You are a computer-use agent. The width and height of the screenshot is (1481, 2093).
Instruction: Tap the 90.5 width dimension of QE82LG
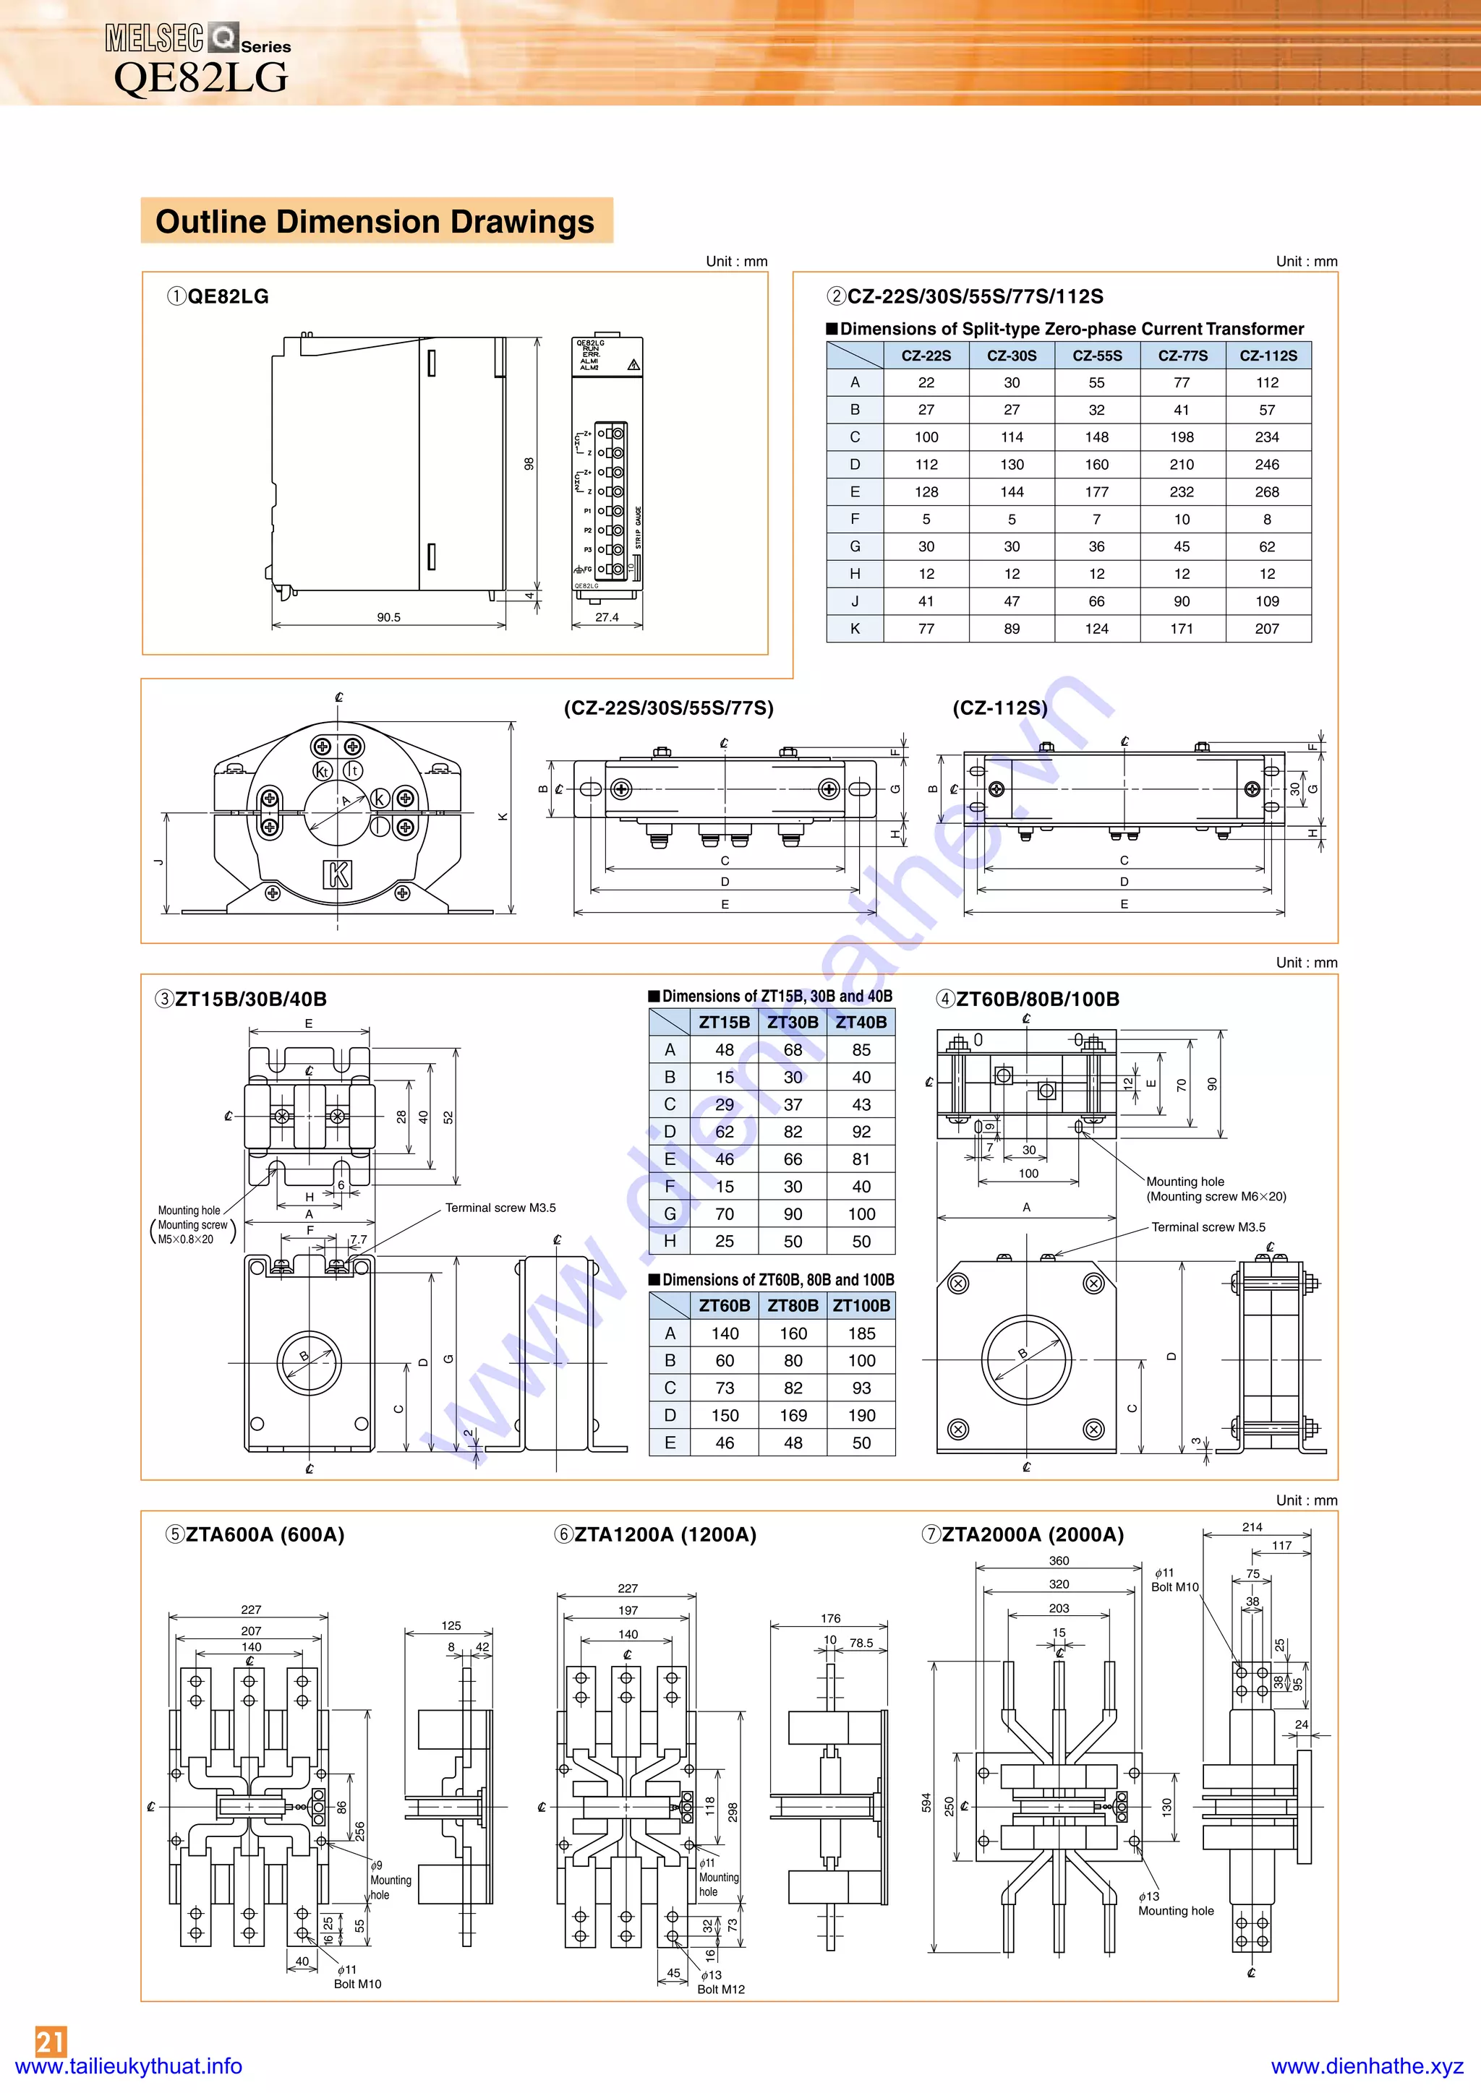pos(388,617)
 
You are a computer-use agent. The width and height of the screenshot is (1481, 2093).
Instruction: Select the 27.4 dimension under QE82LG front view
pos(607,617)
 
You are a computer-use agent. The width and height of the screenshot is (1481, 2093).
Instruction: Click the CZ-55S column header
pos(1097,356)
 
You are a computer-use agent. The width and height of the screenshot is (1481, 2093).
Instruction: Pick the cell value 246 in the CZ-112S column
pos(1267,464)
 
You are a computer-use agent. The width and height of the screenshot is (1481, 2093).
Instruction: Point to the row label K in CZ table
pos(855,628)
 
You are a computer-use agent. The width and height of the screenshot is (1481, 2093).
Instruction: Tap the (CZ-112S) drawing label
pos(999,708)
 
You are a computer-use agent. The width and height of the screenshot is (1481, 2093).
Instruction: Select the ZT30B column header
pos(793,1022)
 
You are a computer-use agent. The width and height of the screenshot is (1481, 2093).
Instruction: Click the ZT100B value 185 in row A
pos(861,1333)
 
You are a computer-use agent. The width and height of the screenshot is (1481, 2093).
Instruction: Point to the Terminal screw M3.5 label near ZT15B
pos(500,1208)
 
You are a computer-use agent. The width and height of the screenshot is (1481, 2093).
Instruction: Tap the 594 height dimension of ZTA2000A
pos(926,1802)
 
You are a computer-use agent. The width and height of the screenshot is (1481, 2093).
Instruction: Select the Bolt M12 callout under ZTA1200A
pos(720,1989)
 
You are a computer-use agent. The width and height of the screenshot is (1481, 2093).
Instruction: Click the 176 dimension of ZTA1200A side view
pos(830,1618)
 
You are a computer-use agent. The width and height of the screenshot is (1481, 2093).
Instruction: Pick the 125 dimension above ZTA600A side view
pos(451,1625)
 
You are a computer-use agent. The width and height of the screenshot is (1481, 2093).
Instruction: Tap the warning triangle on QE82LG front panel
pos(633,365)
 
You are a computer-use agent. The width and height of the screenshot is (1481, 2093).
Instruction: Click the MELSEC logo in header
pos(155,38)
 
